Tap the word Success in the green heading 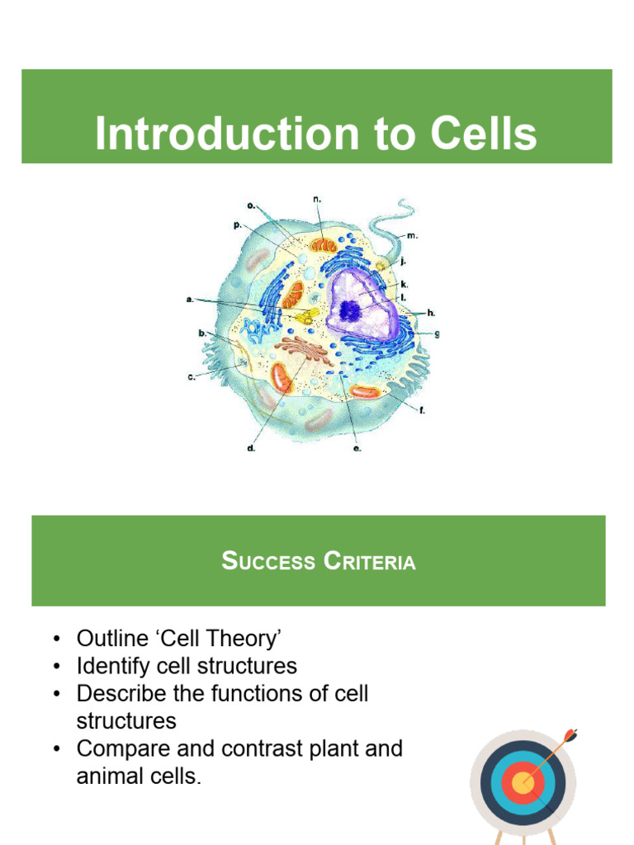point(266,562)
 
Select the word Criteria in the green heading point(369,562)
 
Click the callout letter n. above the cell point(316,200)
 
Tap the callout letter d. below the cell point(251,449)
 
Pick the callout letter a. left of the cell point(191,300)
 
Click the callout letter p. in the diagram point(238,225)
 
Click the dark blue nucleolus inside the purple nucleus point(351,310)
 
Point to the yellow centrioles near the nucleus point(307,316)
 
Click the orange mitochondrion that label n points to point(323,245)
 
